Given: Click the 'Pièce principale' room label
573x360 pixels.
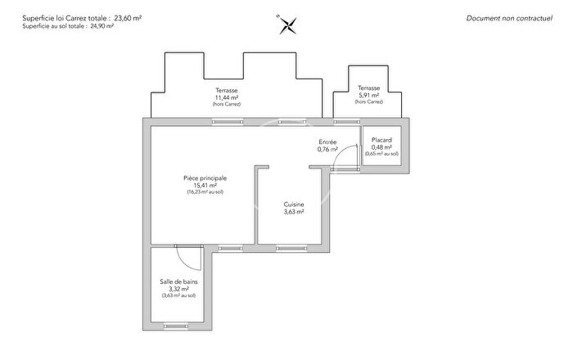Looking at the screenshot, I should tap(205, 178).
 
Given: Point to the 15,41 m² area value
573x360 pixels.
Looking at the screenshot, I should tap(205, 185).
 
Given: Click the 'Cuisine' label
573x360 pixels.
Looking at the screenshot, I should tap(294, 205).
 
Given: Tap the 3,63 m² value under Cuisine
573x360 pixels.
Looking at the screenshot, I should tap(294, 212).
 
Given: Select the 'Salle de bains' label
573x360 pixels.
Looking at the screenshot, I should tap(178, 281).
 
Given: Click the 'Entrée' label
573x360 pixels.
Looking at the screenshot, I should tap(328, 142).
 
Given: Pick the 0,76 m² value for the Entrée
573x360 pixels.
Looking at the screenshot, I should tap(328, 150).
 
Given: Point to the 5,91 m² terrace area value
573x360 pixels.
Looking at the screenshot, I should tap(369, 95).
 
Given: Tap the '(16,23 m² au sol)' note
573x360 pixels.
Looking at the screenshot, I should tap(205, 192).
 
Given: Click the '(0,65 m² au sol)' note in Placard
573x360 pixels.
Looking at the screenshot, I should tap(382, 154).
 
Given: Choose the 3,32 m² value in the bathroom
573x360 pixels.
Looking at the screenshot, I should tap(178, 289).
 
